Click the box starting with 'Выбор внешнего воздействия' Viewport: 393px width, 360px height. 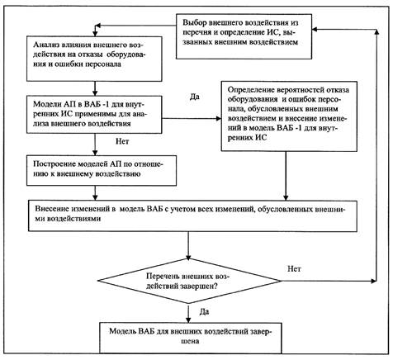[244, 36]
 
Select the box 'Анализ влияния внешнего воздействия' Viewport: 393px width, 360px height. [94, 59]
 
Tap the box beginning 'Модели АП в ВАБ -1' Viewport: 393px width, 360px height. [94, 115]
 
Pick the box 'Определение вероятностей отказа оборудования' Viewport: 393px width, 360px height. [289, 116]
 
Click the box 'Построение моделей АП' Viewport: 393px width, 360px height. [102, 171]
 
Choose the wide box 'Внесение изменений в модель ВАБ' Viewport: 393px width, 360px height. [193, 216]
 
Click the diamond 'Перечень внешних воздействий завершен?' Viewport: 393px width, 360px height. [190, 281]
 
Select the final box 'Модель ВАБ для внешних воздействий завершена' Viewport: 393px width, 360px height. [191, 338]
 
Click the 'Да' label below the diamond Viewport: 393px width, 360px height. [204, 312]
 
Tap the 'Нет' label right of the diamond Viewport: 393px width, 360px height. [294, 268]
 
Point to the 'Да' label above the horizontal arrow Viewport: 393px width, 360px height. [195, 97]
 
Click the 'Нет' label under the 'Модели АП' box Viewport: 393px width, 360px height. [122, 141]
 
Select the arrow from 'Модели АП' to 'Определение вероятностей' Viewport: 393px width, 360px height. [192, 119]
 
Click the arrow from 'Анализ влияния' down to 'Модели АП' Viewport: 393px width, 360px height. [95, 88]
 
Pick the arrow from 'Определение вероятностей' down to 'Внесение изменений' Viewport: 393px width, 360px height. [286, 176]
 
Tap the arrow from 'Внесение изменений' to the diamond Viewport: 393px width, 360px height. [188, 245]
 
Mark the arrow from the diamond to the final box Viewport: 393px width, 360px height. [188, 313]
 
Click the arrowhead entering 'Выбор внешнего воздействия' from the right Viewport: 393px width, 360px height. [315, 30]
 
